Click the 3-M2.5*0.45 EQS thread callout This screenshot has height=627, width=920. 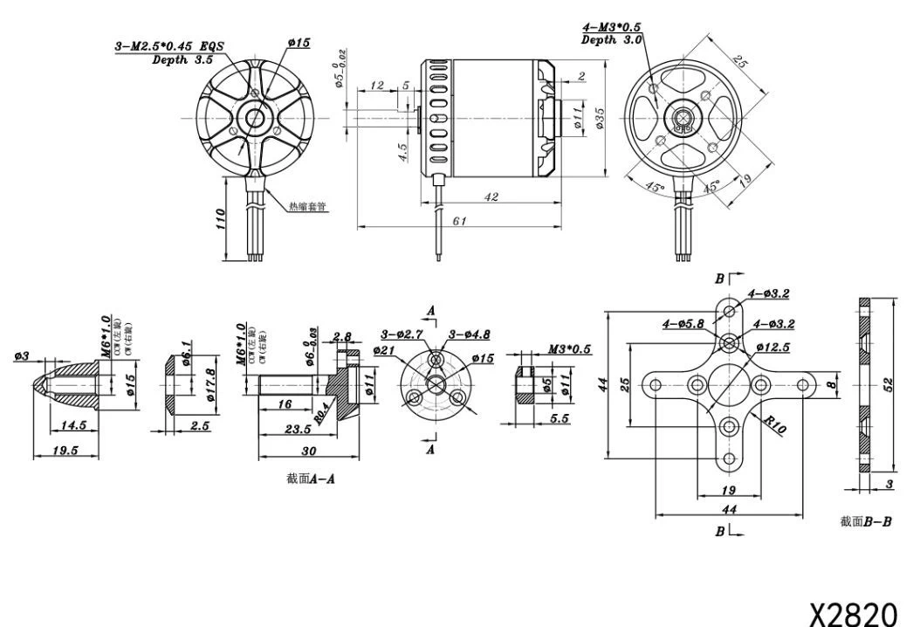[x=168, y=46]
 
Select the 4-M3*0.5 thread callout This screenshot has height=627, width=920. [x=613, y=27]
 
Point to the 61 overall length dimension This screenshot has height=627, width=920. [x=459, y=222]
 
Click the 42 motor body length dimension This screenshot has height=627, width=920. [x=491, y=198]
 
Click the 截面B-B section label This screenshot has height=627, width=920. [x=866, y=521]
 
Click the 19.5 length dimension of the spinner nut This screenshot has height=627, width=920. [x=65, y=450]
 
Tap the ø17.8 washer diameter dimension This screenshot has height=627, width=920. [x=211, y=384]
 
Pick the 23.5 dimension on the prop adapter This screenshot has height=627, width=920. [x=298, y=429]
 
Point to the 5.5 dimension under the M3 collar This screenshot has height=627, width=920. [x=559, y=419]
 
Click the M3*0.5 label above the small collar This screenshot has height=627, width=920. [x=568, y=349]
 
